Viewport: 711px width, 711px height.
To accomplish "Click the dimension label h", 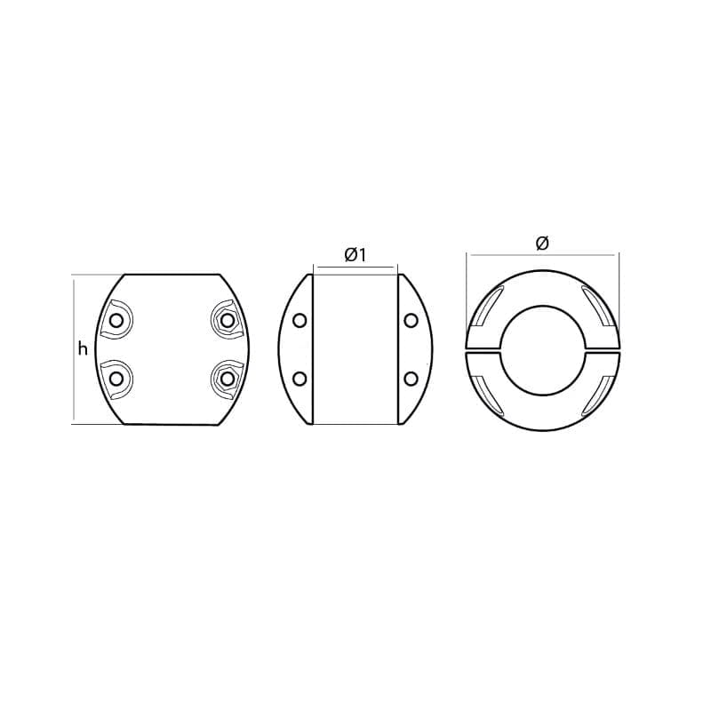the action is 83,349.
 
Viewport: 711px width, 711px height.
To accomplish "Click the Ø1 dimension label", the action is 355,256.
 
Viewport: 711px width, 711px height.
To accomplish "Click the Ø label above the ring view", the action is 542,244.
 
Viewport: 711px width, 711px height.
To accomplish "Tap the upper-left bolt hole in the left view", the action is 116,321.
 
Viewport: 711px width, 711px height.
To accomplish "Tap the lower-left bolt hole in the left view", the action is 116,378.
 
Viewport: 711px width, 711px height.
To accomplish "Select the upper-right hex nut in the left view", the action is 225,321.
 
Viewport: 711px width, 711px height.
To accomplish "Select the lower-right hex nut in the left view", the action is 225,378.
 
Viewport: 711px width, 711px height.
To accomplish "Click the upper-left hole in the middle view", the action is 300,321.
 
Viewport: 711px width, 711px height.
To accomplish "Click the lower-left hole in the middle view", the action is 300,379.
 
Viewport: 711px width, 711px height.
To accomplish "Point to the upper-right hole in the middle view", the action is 411,321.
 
